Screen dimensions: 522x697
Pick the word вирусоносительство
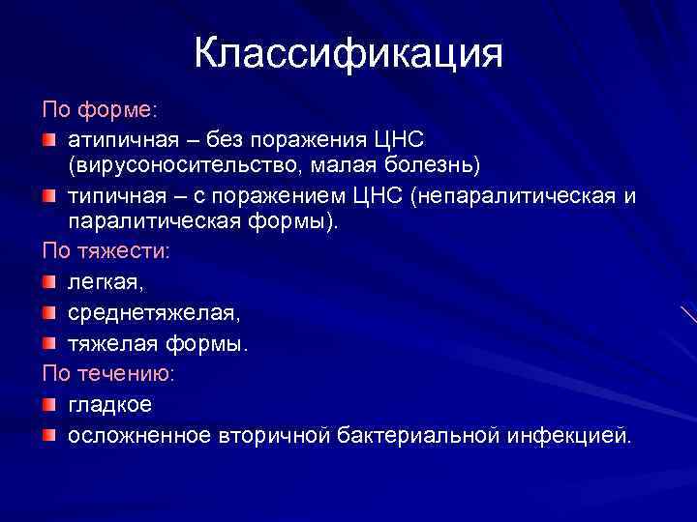tap(182, 165)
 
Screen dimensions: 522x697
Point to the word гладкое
tap(109, 404)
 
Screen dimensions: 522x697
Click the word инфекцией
tap(567, 436)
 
